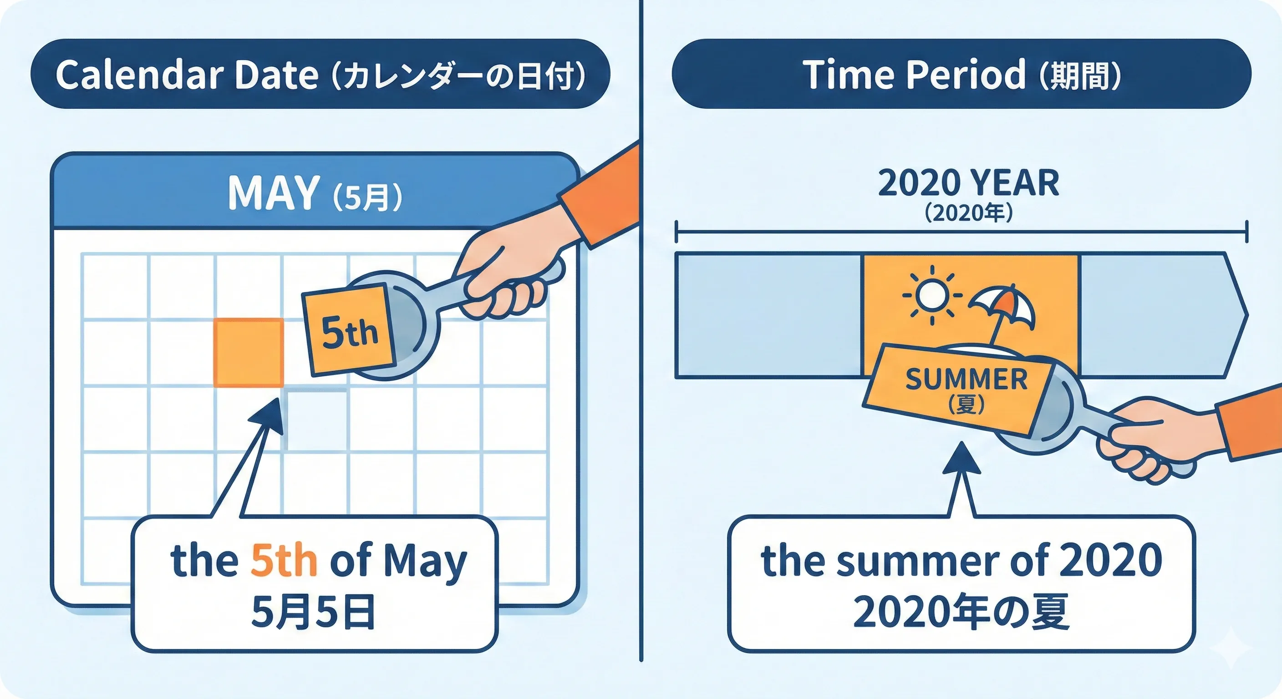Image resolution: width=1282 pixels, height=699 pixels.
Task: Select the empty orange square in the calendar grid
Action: [248, 352]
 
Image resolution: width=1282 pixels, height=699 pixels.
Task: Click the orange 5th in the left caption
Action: [284, 561]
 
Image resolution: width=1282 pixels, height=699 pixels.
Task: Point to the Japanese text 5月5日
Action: [313, 612]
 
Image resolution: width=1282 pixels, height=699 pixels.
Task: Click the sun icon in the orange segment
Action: [931, 294]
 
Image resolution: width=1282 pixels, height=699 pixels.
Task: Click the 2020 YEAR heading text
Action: [968, 183]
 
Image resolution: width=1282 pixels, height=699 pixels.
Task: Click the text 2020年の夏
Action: [961, 612]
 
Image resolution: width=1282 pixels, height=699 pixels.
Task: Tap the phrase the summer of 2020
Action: [961, 561]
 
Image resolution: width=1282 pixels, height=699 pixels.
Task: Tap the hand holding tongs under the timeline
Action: [1150, 438]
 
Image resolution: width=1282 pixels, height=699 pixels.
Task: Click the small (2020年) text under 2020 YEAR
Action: [968, 213]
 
